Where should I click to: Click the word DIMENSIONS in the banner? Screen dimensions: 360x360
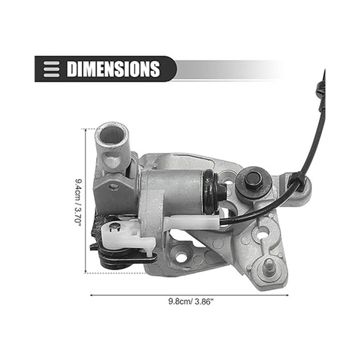(x=113, y=69)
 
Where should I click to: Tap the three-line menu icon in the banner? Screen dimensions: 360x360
(x=52, y=69)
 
